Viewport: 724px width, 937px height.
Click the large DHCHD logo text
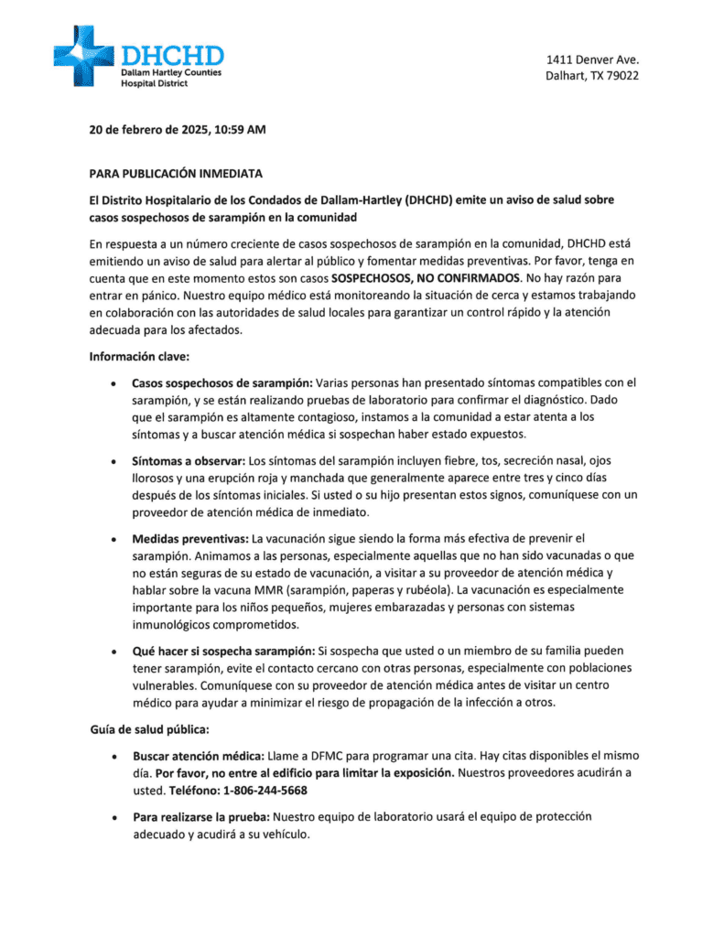(x=172, y=55)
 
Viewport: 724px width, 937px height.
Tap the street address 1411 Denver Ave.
(x=592, y=60)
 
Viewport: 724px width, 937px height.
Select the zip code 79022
(x=620, y=76)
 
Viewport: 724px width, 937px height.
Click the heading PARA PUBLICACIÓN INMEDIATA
(x=176, y=172)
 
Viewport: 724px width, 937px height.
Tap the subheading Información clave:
(x=138, y=356)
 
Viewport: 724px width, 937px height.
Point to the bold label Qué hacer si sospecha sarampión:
(x=223, y=652)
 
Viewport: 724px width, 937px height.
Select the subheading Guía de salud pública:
(x=149, y=729)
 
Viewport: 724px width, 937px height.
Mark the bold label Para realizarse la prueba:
(x=201, y=815)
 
